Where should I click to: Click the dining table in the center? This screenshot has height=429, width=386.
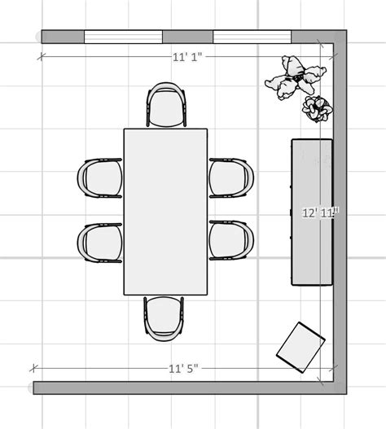(x=165, y=211)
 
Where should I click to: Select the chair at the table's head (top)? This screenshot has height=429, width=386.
(x=167, y=106)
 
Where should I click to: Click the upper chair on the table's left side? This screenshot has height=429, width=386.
(x=100, y=178)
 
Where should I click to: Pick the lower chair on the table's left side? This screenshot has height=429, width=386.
(x=100, y=243)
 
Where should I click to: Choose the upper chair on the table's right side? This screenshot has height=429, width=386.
(x=231, y=178)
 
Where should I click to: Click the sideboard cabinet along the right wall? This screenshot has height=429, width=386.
(x=312, y=212)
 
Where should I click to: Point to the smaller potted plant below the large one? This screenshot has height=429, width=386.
(x=316, y=108)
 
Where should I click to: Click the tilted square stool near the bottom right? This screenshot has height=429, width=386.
(x=300, y=347)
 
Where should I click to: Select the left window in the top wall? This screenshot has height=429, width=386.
(x=123, y=37)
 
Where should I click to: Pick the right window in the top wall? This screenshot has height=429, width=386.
(x=252, y=37)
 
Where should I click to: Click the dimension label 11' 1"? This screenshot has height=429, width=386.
(x=187, y=57)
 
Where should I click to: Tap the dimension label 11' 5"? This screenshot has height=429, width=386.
(x=183, y=369)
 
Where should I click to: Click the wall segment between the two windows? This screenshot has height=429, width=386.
(x=187, y=37)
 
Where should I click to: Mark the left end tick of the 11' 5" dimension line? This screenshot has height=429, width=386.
(x=33, y=369)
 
